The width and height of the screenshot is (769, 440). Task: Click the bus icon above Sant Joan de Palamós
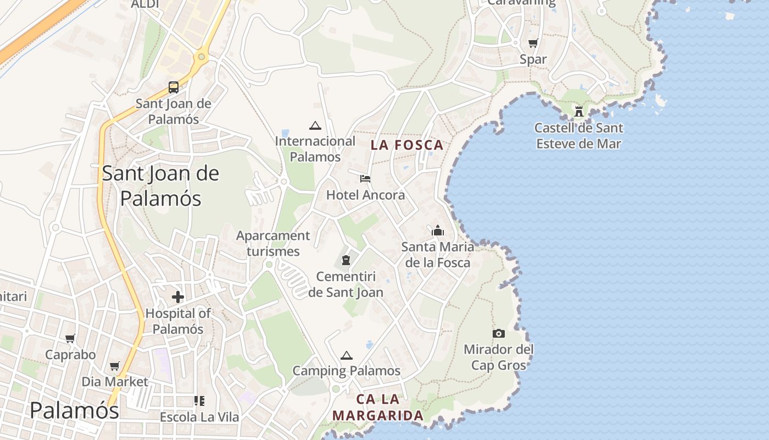[174, 87]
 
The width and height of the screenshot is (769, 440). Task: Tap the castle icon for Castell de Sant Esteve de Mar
[579, 112]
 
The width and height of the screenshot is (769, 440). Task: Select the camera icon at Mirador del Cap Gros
[499, 333]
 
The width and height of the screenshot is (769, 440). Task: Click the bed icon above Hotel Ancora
[365, 178]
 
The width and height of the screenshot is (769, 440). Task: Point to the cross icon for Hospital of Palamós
[178, 297]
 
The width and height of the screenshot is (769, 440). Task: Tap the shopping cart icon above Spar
[533, 43]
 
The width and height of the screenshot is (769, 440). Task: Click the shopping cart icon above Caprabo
[70, 339]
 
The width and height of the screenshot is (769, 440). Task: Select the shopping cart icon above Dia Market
[115, 366]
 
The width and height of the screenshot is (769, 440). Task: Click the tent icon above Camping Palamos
[346, 355]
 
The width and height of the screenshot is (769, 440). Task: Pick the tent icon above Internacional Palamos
[315, 125]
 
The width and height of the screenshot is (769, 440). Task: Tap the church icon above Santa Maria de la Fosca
[438, 230]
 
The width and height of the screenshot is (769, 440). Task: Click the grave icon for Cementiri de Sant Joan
[346, 260]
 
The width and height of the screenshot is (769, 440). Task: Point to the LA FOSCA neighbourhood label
[406, 145]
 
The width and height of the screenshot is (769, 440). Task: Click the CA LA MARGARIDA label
[378, 408]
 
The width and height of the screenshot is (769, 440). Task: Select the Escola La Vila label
[199, 417]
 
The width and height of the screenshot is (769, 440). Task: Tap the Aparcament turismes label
[273, 244]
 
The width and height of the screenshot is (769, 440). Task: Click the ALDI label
[145, 4]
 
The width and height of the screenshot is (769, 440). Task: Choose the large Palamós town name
[74, 410]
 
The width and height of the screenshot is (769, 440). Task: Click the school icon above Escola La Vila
[199, 400]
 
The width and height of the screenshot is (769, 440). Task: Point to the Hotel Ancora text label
[365, 195]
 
